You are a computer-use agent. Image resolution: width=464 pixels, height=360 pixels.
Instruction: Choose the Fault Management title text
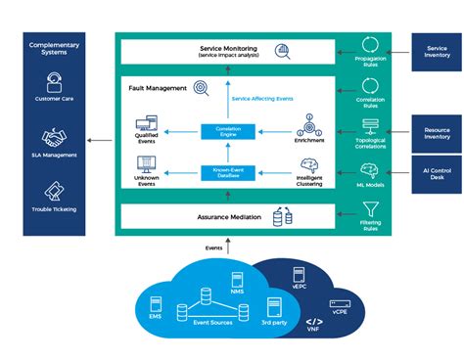[x=157, y=89]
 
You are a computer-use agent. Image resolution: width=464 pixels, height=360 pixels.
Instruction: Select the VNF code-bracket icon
[x=314, y=322]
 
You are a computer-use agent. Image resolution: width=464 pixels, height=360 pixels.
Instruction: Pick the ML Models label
[x=371, y=184]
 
